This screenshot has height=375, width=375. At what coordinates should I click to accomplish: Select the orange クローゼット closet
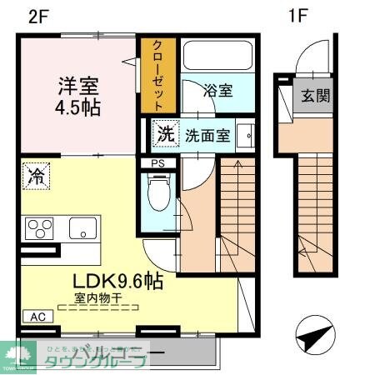156,75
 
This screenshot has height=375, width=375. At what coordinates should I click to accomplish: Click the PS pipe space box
157,163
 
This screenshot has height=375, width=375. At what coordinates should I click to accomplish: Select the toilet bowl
157,192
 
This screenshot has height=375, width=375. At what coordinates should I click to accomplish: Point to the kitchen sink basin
82,227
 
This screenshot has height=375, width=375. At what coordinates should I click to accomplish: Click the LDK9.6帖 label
116,282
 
